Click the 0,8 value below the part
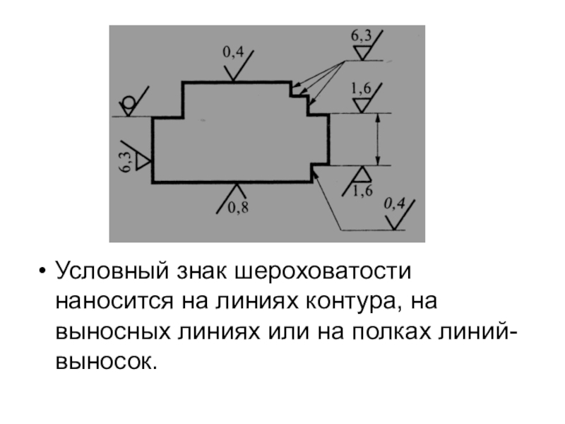(238, 208)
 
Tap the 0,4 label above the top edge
(233, 52)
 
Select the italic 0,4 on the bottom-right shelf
(394, 204)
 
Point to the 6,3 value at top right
(361, 36)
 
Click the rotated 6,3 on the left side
(126, 162)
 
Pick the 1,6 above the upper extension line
(361, 88)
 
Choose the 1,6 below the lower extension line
(362, 191)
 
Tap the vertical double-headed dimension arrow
(378, 139)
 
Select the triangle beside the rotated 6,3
(142, 162)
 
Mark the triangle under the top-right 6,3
(362, 53)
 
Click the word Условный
(112, 271)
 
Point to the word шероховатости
(323, 271)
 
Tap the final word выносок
(107, 362)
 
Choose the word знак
(202, 271)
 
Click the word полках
(391, 331)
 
